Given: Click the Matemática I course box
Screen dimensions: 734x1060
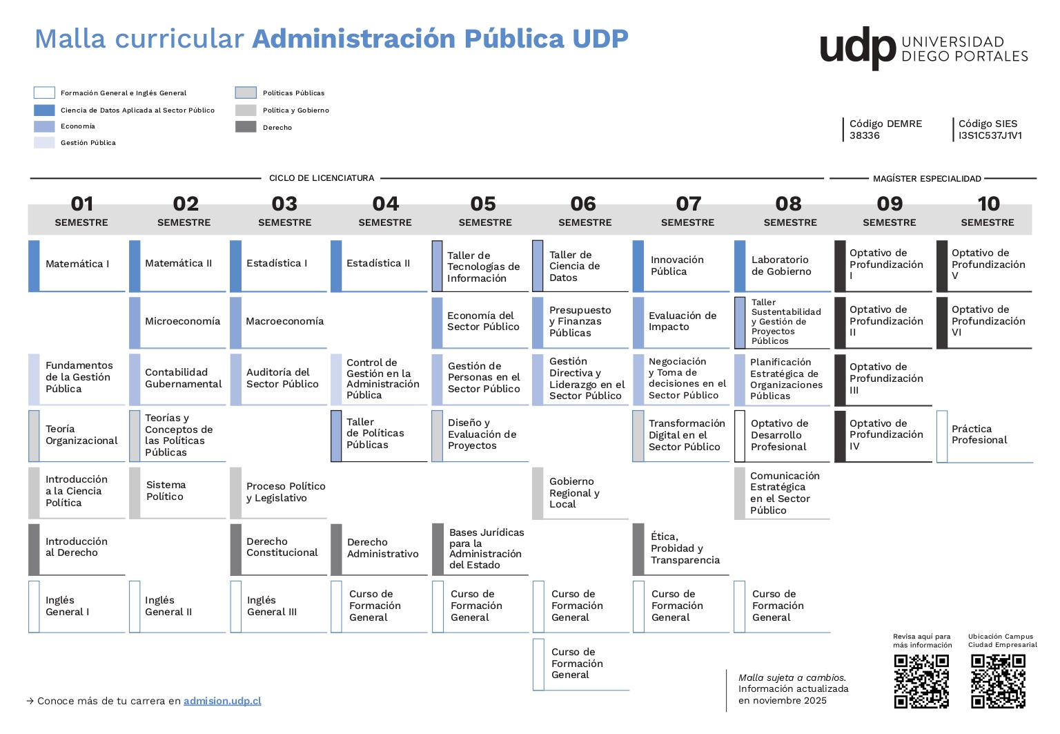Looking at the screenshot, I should tap(77, 264).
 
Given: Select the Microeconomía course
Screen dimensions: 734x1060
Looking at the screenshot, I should tap(178, 322).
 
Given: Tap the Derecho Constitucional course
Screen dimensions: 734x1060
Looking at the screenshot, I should tap(279, 548).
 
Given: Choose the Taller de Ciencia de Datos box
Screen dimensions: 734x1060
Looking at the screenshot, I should tap(580, 267).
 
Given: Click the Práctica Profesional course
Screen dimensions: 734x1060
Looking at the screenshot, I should tap(985, 435).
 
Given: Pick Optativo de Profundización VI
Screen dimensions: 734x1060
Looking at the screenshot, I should tap(985, 322).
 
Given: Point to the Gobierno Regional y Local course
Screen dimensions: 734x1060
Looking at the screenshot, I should tap(580, 493).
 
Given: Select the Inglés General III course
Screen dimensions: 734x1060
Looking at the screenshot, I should tap(279, 606).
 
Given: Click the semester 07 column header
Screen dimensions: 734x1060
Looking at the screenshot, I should tap(687, 212).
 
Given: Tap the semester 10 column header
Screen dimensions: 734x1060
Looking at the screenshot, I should tap(988, 212).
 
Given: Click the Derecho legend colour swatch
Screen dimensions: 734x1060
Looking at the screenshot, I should tap(246, 127).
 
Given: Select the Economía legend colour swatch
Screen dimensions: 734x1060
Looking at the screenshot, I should tap(44, 126).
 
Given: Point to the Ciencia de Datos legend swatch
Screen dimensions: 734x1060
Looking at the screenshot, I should tap(44, 110).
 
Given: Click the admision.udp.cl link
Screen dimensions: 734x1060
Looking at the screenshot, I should tap(222, 701).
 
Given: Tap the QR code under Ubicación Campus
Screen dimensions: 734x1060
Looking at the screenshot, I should tap(997, 681).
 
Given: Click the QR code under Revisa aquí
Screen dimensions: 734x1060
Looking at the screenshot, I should tap(921, 681).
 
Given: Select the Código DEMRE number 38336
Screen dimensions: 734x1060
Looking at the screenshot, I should tap(865, 136).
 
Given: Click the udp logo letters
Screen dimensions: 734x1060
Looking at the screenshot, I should tap(857, 48).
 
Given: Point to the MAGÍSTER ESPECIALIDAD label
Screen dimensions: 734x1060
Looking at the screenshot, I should tap(927, 179).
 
